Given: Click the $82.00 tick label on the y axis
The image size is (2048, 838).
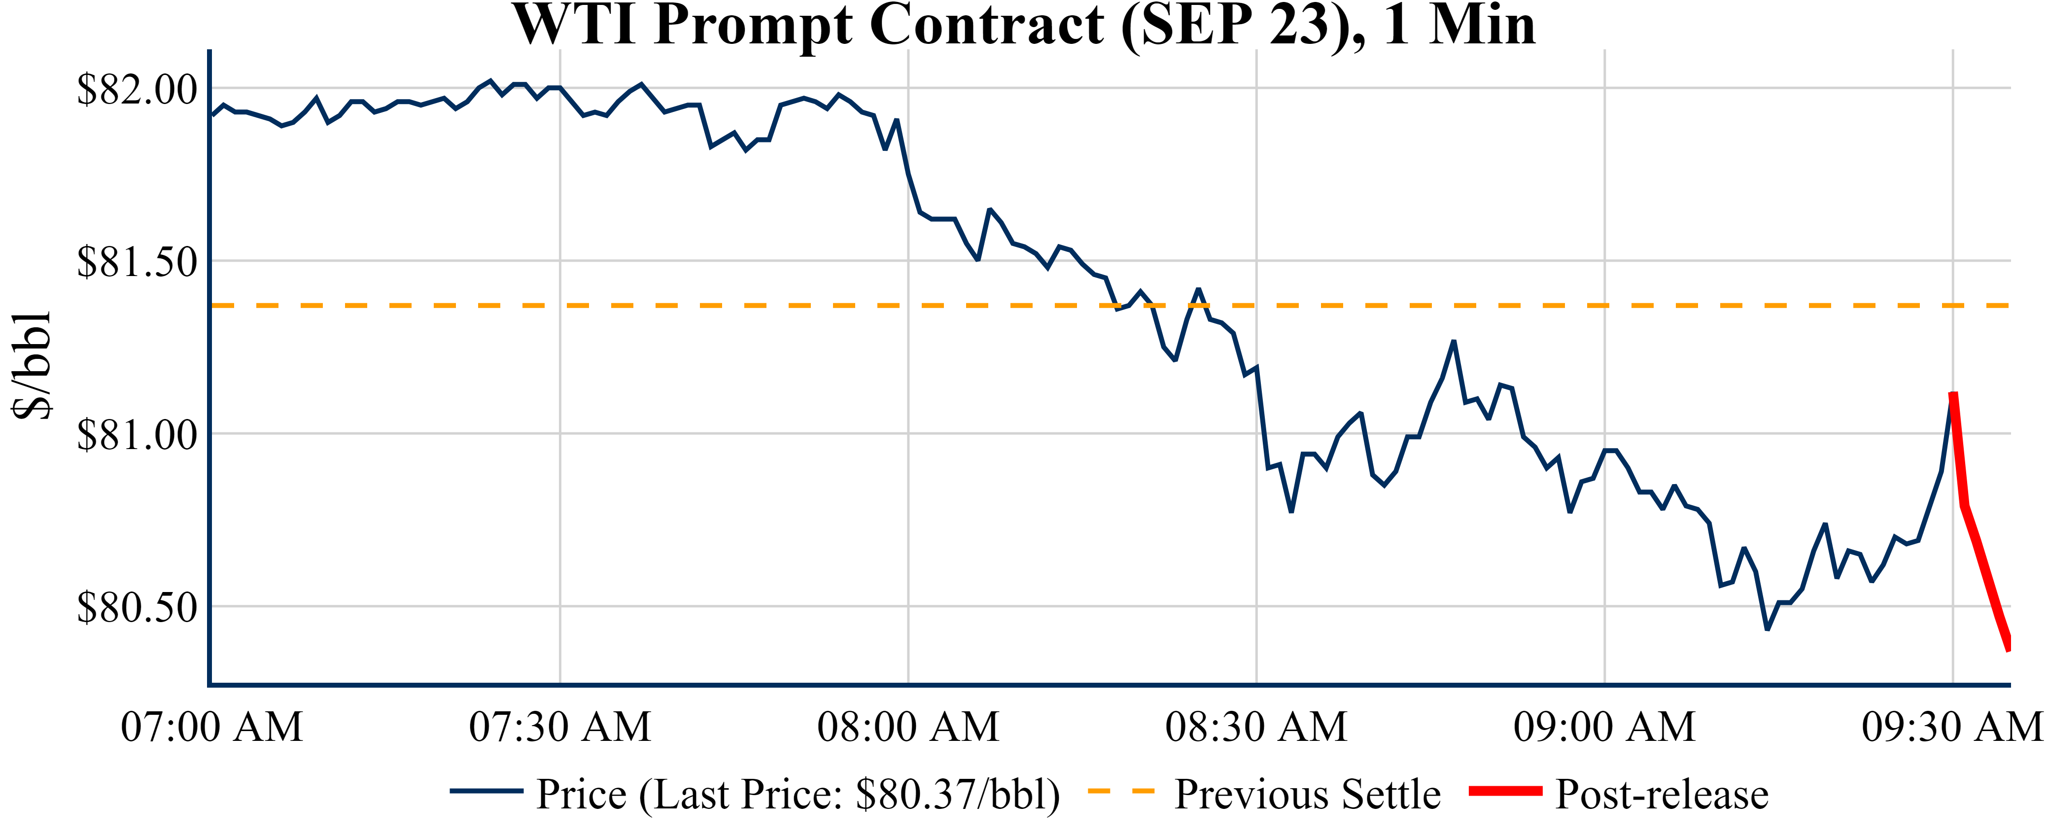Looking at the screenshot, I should tap(137, 89).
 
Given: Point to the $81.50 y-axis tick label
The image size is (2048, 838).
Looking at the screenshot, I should tap(137, 262).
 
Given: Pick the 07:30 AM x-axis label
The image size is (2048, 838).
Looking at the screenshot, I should tap(560, 727).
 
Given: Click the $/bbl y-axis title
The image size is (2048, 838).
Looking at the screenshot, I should tap(32, 365).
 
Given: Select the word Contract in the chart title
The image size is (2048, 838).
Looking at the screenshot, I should tap(987, 26).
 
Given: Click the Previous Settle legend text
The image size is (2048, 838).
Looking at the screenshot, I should tap(1307, 794).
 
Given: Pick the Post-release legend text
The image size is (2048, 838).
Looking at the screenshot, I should tap(1662, 794).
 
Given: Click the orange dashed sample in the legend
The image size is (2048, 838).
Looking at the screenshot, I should tap(1120, 791).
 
